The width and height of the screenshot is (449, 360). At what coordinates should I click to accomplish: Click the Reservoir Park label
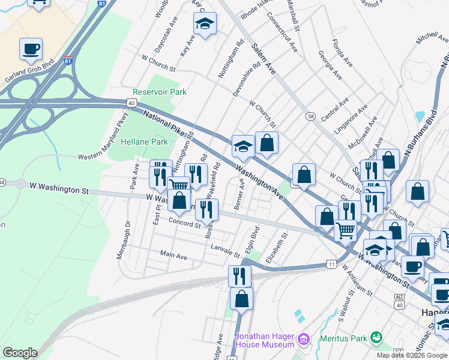160,92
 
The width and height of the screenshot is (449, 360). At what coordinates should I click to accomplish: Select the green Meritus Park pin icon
376,338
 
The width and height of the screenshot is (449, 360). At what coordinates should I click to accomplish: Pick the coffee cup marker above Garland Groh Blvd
31,49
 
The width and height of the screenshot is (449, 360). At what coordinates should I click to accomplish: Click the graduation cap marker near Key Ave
204,25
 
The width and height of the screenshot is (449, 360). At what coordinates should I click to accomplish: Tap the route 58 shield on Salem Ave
310,115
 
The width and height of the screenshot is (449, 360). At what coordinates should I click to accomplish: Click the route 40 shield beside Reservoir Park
131,103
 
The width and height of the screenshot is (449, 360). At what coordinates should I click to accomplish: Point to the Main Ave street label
173,255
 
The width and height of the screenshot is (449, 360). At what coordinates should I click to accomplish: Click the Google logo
20,353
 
